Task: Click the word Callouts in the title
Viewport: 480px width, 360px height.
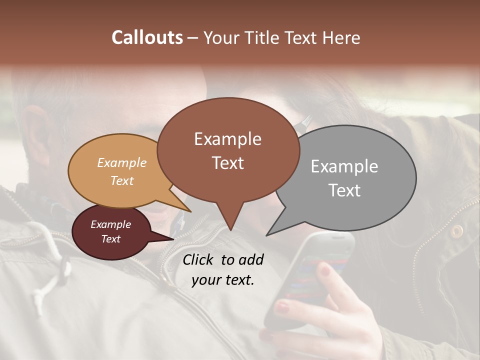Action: pos(147,37)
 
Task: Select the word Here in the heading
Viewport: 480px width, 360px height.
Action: pos(342,37)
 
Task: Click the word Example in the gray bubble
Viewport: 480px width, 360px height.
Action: pos(344,166)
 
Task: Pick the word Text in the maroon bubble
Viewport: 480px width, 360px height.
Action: pos(111,239)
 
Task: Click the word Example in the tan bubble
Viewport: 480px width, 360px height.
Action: pos(122,162)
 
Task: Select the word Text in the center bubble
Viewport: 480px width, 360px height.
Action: pos(228,163)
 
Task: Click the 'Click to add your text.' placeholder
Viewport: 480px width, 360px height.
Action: pos(223,269)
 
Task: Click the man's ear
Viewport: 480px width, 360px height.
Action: pos(35,130)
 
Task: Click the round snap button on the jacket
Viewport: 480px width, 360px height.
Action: pos(456,231)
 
